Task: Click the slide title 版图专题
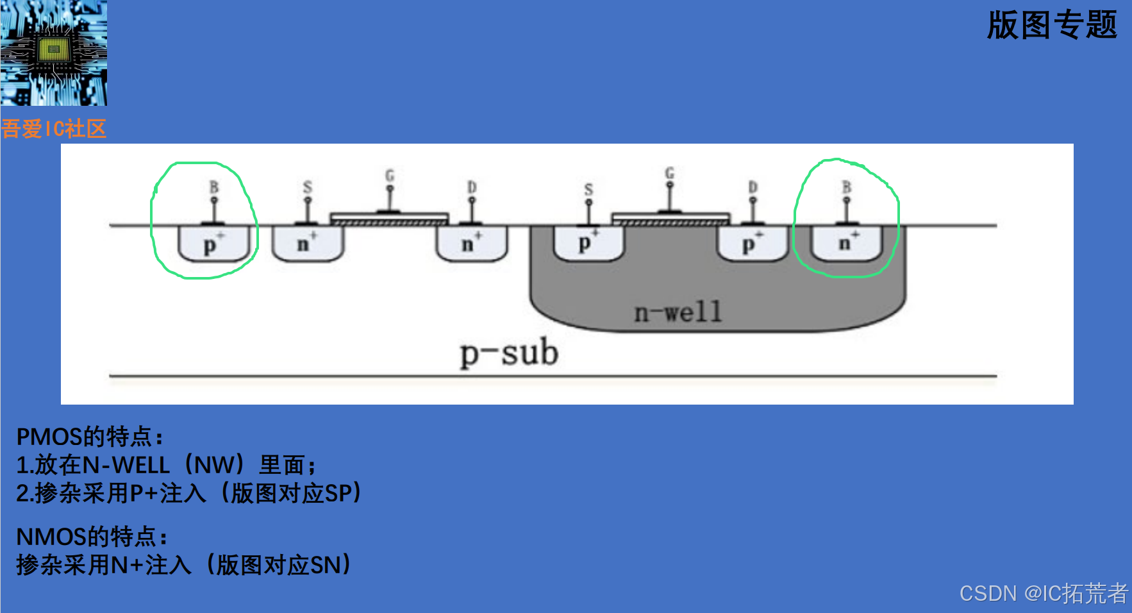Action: point(1051,26)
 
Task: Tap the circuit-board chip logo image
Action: point(53,53)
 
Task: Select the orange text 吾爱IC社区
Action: point(53,129)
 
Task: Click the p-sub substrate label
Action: point(510,353)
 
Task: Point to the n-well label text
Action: point(678,312)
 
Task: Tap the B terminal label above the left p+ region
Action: point(214,187)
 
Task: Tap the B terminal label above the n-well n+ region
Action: point(847,187)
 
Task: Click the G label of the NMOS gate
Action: point(390,175)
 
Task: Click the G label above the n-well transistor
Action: point(670,172)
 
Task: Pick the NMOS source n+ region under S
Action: point(308,244)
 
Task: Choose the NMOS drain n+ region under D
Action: point(472,244)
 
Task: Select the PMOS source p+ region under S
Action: point(588,244)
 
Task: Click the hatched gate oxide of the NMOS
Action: point(389,222)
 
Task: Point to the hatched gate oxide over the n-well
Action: point(670,223)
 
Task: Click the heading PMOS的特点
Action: point(90,437)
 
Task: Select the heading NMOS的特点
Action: point(92,536)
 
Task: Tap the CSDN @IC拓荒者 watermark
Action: point(1043,593)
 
